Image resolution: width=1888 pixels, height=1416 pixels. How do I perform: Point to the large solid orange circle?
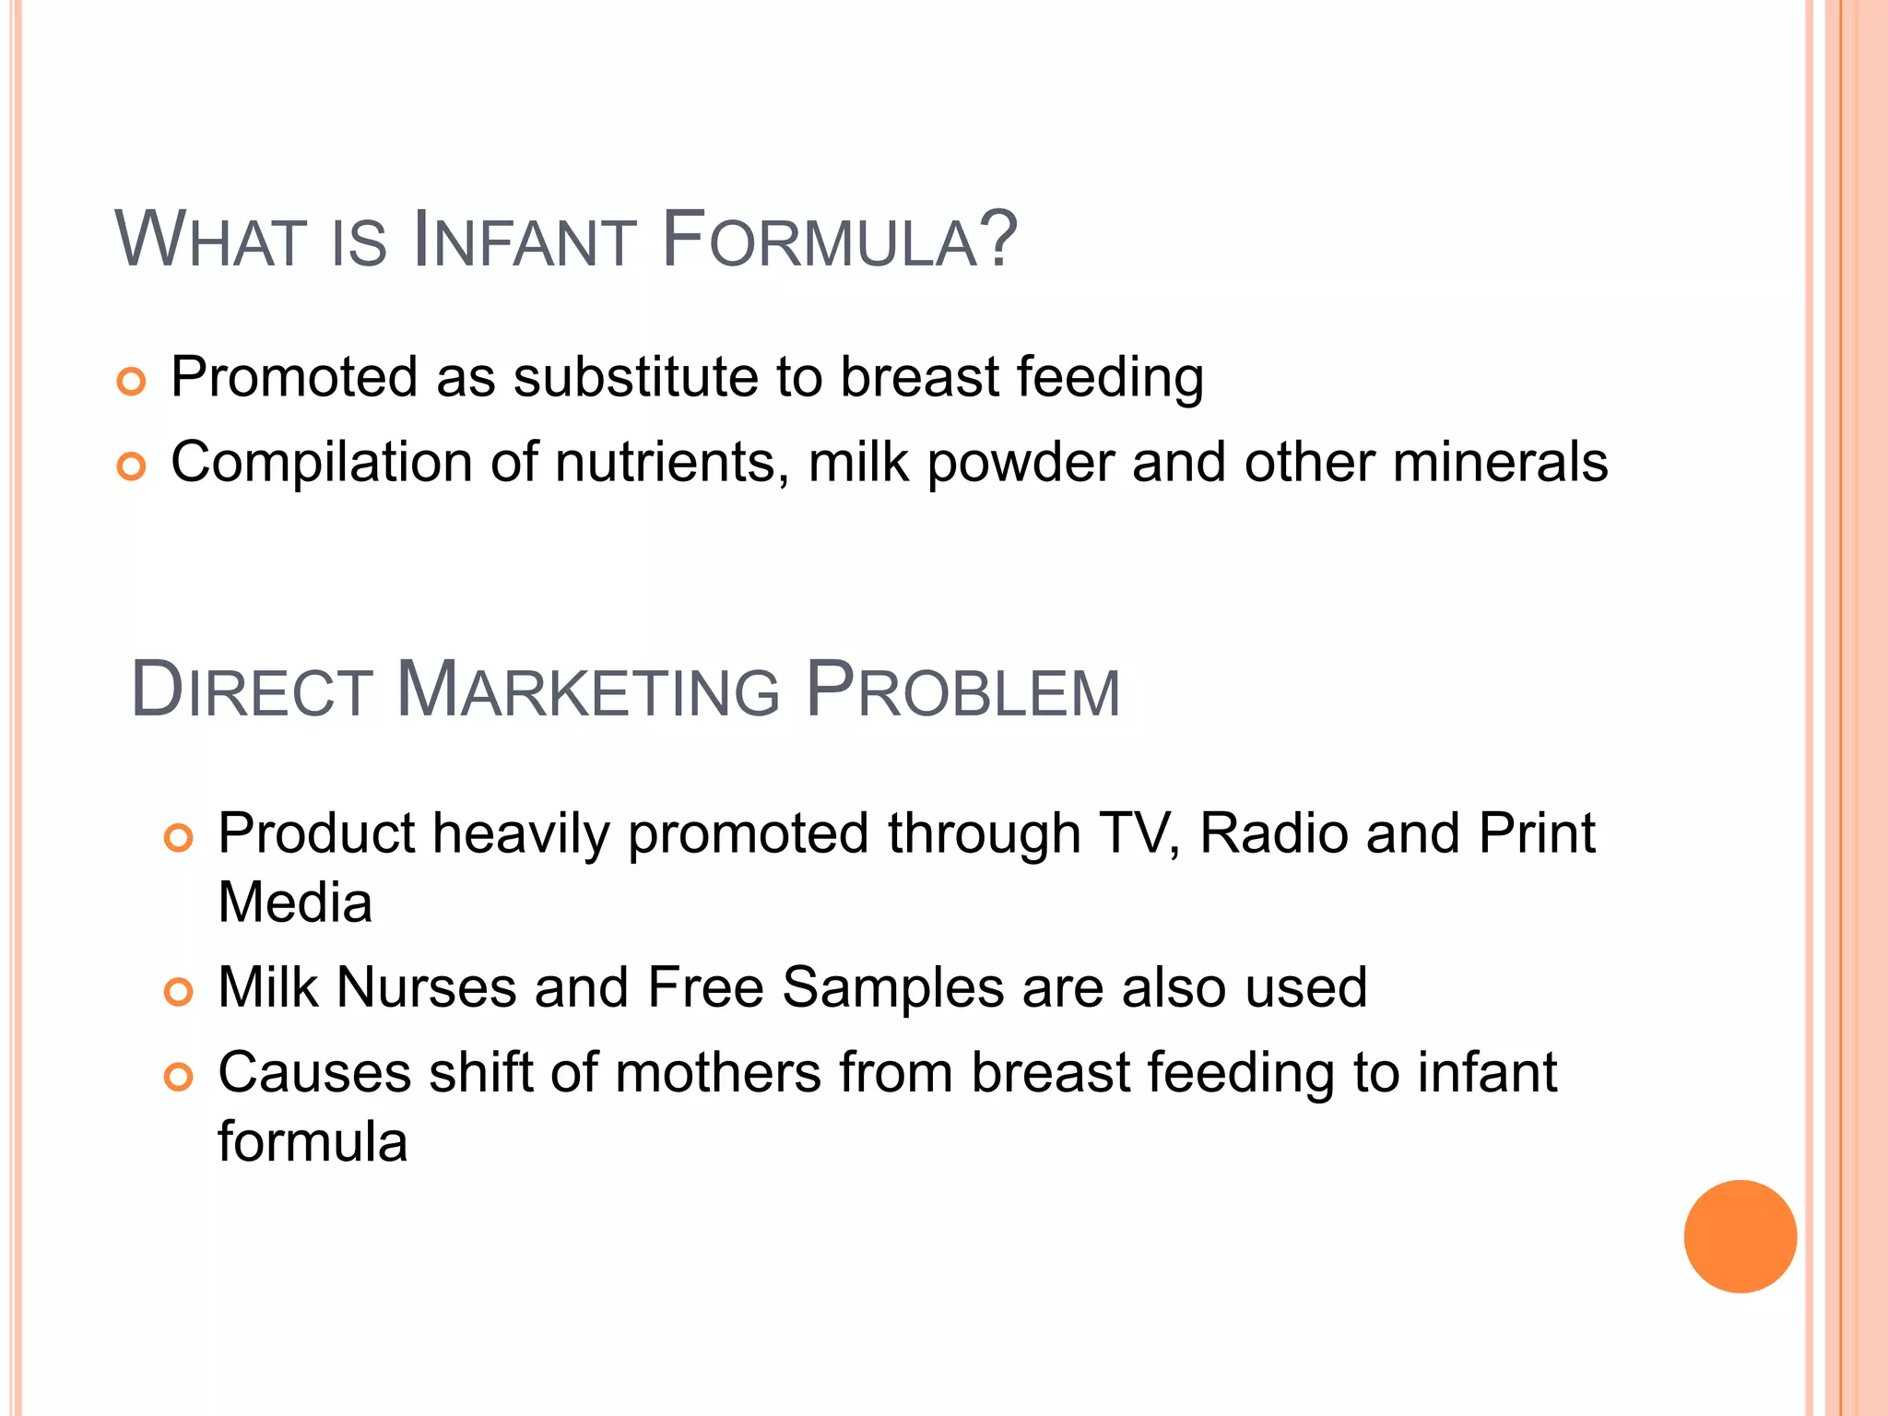click(1740, 1236)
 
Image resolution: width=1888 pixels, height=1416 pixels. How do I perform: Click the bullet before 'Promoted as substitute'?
click(132, 382)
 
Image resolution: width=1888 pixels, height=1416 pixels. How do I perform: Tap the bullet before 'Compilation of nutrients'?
click(132, 466)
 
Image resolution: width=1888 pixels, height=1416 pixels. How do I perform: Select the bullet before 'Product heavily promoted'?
click(178, 838)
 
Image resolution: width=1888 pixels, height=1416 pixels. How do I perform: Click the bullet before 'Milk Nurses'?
click(178, 992)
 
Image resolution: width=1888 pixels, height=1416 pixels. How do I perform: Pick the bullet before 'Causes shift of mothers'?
click(178, 1077)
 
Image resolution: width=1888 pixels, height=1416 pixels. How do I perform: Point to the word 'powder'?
click(1021, 464)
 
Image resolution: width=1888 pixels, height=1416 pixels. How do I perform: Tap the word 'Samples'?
click(892, 988)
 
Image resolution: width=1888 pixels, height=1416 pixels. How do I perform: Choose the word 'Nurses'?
click(426, 987)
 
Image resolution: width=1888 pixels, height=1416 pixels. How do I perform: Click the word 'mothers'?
click(718, 1073)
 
